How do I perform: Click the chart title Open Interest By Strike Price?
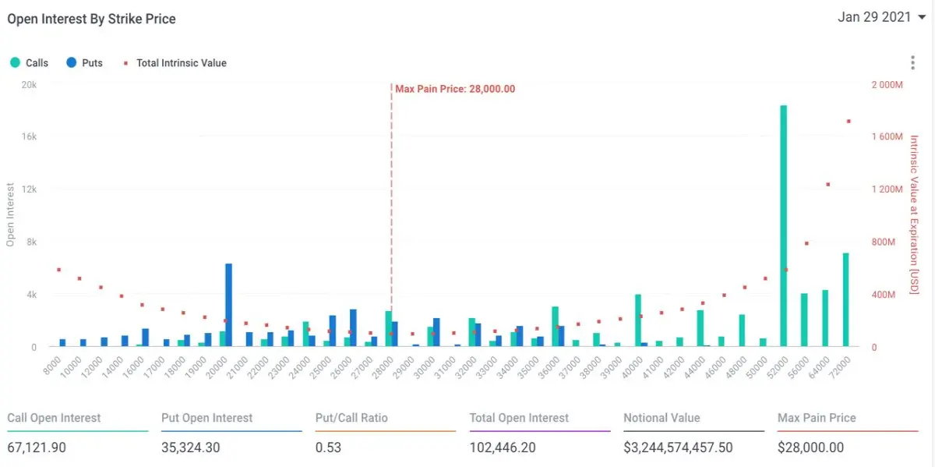91,19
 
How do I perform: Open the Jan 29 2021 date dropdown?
881,17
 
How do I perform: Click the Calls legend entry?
30,62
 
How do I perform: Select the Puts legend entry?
84,62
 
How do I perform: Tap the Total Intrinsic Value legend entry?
175,62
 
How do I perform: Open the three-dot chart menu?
912,62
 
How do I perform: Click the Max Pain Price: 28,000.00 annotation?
455,89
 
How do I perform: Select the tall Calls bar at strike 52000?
784,226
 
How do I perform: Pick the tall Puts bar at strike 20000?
229,305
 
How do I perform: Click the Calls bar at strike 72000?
845,300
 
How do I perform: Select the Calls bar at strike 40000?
638,320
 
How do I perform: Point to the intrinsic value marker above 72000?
849,121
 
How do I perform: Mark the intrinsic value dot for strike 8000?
59,270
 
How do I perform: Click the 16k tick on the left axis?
30,136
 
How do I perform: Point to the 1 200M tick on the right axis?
887,189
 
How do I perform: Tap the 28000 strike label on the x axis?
383,367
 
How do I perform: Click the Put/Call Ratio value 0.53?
328,448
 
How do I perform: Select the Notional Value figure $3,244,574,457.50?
678,448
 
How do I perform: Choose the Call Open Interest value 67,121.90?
37,448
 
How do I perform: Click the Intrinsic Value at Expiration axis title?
914,214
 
